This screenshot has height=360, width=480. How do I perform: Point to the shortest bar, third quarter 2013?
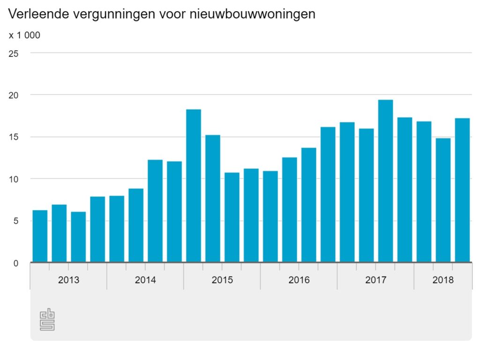pos(78,237)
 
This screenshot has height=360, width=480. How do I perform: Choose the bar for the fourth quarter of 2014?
pos(174,211)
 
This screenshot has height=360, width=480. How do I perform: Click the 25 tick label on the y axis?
pos(14,53)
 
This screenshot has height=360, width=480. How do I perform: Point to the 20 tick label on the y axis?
pos(14,95)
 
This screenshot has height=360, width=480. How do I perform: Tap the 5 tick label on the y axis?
pos(15,221)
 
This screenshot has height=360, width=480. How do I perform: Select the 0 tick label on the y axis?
pos(15,263)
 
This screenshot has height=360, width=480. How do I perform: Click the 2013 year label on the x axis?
pos(68,280)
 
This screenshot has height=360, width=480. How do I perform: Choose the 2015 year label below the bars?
pos(222,280)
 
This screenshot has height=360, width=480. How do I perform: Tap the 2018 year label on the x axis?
pos(443,280)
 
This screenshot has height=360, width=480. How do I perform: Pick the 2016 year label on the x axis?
pos(299,280)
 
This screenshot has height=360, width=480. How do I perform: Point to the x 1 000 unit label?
pos(24,35)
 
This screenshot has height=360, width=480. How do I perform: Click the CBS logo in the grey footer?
pos(47,320)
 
